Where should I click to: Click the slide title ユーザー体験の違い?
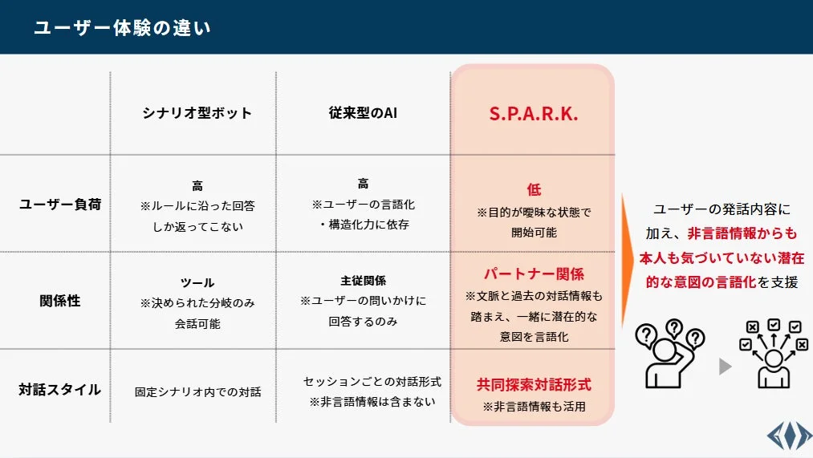click(x=122, y=28)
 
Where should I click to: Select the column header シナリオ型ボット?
click(x=197, y=113)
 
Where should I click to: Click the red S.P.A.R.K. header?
click(x=534, y=114)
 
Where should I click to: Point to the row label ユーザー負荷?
click(x=60, y=205)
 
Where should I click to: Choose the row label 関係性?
click(x=60, y=301)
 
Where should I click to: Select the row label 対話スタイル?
click(x=60, y=391)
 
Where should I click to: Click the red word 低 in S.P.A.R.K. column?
click(x=535, y=190)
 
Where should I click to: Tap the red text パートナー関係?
click(x=534, y=274)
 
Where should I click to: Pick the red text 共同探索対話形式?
click(x=534, y=385)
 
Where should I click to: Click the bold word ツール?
click(x=197, y=283)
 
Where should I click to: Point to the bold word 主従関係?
click(x=363, y=281)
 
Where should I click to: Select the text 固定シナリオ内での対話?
click(x=197, y=392)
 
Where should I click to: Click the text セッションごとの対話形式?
click(x=372, y=382)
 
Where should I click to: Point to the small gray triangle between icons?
click(x=726, y=367)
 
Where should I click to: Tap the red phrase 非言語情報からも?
click(x=742, y=233)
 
